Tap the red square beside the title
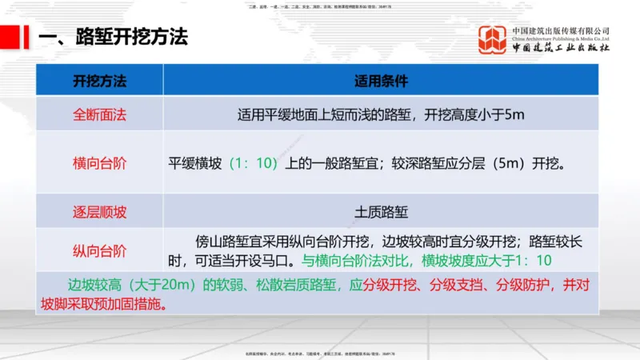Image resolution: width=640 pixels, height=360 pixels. point(10,36)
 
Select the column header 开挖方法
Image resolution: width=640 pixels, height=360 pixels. point(100,81)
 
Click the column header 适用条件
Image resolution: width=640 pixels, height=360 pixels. point(381,81)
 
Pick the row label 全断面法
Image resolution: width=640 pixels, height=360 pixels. point(100,114)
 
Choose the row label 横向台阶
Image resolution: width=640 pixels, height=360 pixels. point(100,163)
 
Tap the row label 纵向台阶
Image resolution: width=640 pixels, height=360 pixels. point(100,251)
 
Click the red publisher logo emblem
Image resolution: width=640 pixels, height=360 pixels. point(492,40)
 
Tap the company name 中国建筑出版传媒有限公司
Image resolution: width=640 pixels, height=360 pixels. point(561,30)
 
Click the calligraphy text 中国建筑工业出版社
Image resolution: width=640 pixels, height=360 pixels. point(561,49)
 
